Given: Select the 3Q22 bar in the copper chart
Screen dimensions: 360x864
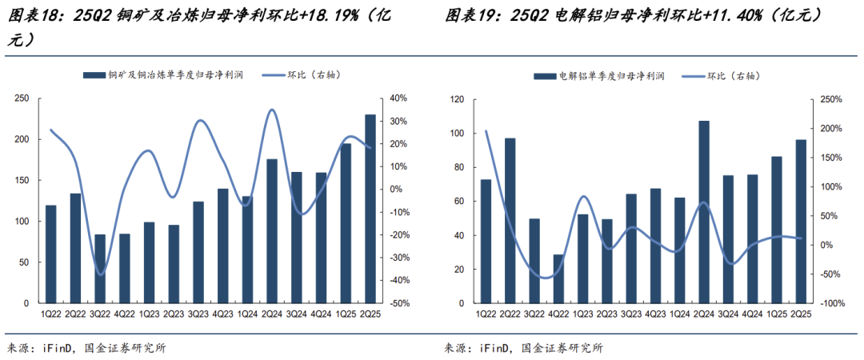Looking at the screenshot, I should tap(100, 269).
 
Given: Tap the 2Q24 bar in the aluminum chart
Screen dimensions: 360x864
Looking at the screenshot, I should tap(704, 213).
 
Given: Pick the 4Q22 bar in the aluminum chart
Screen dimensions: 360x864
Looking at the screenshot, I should tap(558, 279).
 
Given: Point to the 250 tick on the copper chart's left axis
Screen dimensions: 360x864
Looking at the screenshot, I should tap(22, 98).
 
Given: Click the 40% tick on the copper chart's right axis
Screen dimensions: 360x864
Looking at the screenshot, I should tap(398, 98).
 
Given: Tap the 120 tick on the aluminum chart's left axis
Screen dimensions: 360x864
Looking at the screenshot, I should tap(458, 100).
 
